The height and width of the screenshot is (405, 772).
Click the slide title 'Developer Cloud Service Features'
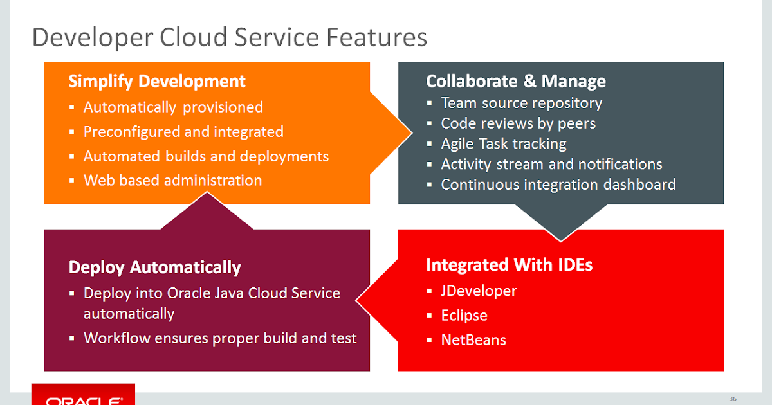click(229, 37)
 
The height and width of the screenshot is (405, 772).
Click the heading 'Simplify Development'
click(157, 82)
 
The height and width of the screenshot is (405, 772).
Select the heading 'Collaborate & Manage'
click(515, 81)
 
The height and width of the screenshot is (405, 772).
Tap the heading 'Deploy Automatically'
click(154, 267)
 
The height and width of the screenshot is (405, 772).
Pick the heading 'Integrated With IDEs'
click(509, 265)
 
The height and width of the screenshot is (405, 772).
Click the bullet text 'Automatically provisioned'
click(173, 107)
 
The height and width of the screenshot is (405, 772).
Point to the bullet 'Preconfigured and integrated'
click(183, 132)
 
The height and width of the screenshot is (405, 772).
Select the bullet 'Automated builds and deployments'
click(206, 156)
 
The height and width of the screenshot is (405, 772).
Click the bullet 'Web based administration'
click(172, 181)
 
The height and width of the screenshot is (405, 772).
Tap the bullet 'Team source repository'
click(521, 103)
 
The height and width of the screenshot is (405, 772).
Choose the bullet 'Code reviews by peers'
click(518, 123)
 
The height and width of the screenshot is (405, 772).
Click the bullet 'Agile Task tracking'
click(503, 144)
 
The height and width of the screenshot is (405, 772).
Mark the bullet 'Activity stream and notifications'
click(551, 165)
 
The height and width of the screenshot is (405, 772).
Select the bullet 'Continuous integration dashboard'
click(558, 185)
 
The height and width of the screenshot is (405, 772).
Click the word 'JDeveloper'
click(479, 291)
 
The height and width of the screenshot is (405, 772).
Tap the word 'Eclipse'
click(464, 316)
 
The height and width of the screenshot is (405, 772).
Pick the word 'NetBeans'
click(473, 340)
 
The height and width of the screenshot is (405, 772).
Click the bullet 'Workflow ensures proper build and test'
click(220, 338)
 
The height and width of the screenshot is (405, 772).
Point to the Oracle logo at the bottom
click(83, 397)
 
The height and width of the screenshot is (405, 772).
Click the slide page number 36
click(732, 397)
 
